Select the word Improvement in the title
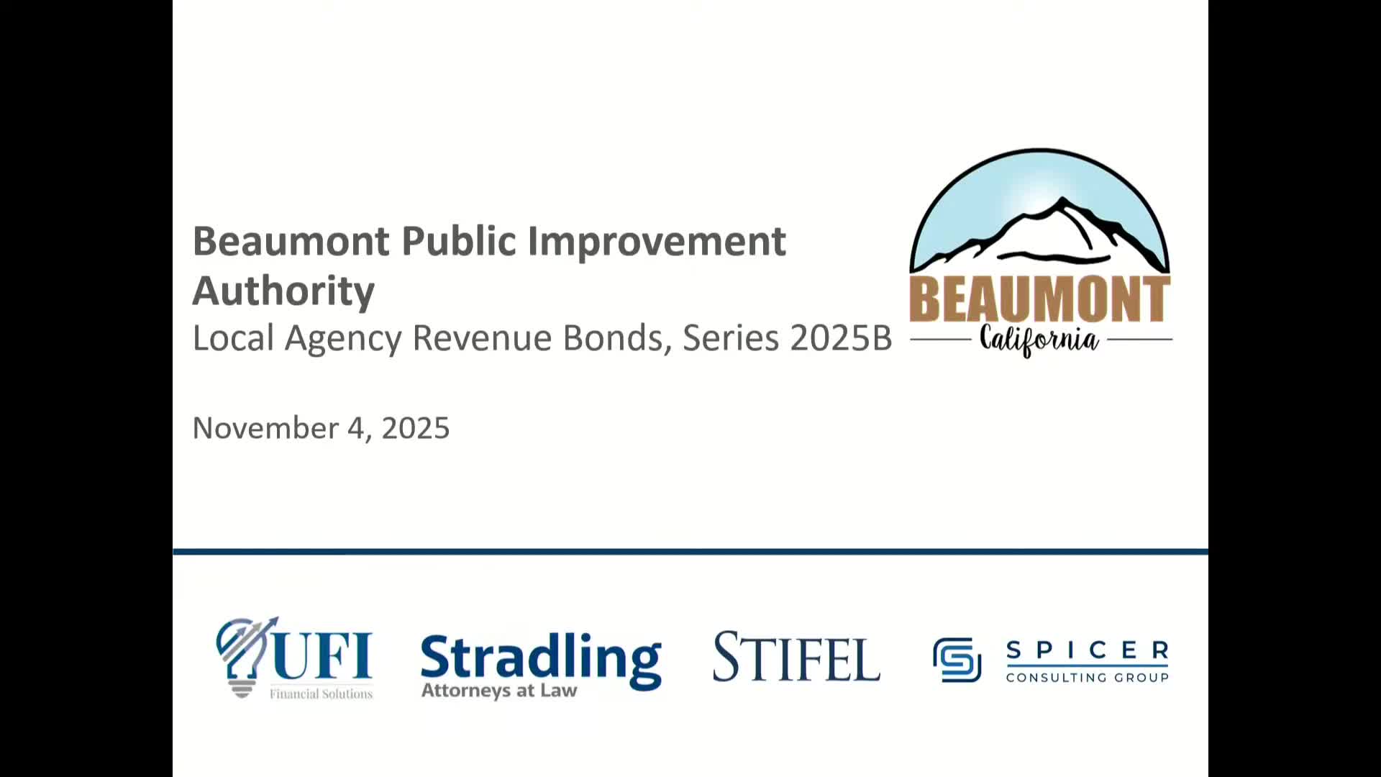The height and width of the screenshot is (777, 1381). point(657,241)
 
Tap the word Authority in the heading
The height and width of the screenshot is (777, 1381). point(283,291)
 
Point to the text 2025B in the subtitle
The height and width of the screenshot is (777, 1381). point(841,338)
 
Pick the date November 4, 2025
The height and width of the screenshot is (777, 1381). point(321,428)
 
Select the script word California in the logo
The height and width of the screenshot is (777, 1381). point(1040,340)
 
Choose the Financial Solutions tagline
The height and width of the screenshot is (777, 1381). point(321,694)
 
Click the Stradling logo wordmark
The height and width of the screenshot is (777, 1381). point(540,658)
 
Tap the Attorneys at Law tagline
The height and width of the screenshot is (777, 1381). point(499,691)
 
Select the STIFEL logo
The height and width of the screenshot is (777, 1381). point(796,657)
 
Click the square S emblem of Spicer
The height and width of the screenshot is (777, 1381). point(957,659)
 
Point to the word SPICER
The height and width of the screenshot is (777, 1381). point(1087,650)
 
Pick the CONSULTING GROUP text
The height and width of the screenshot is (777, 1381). point(1087,678)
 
